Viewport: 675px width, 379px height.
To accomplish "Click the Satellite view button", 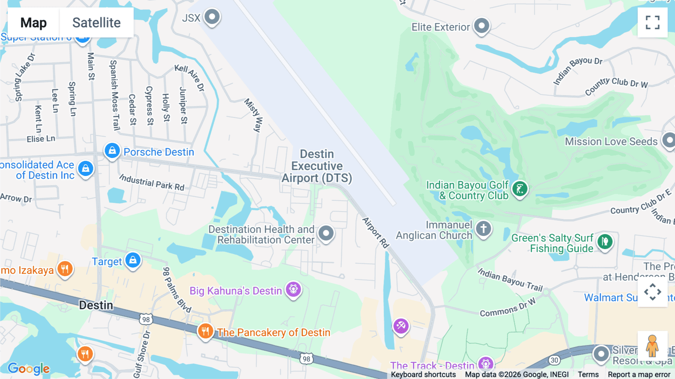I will [96, 23].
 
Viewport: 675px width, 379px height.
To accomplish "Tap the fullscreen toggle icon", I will [652, 23].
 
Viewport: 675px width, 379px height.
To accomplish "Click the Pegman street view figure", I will [652, 346].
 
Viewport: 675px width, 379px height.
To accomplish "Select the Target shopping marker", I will [133, 260].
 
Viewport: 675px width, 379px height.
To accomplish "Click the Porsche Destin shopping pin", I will [112, 151].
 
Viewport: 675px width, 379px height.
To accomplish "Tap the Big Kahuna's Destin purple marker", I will [293, 289].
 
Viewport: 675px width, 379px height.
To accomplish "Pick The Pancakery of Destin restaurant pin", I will [205, 331].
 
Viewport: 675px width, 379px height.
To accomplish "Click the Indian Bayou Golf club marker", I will [520, 189].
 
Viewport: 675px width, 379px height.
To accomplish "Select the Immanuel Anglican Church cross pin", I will [483, 229].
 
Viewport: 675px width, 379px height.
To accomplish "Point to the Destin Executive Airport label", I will [317, 166].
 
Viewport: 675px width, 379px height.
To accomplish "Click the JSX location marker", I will [212, 17].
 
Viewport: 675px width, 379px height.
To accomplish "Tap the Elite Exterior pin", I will [481, 26].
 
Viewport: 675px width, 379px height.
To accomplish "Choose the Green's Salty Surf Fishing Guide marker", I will [604, 242].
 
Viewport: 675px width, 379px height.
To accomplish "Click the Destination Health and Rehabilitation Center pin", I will [326, 233].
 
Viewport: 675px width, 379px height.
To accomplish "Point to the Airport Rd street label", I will [375, 232].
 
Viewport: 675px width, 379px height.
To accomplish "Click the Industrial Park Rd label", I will [152, 182].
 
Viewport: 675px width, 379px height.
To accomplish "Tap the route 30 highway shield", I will [554, 360].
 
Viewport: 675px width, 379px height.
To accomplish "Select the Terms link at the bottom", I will [588, 374].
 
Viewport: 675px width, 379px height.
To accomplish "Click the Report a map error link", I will [639, 374].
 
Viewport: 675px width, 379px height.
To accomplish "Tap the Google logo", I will [28, 368].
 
